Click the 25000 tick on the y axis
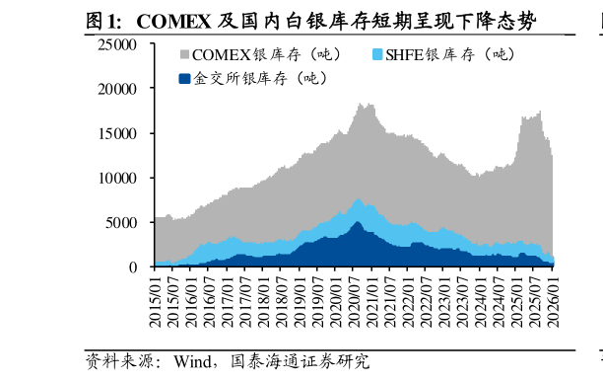[x=119, y=43]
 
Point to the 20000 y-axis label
[x=119, y=89]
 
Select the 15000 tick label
[x=119, y=133]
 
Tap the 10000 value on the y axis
[x=119, y=179]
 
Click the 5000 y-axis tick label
[x=123, y=223]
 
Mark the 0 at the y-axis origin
[x=133, y=267]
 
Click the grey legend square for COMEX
[x=183, y=55]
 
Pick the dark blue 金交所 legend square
[x=183, y=78]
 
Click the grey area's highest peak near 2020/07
[x=361, y=104]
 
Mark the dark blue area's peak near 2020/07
[x=357, y=222]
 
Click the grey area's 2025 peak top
[x=539, y=113]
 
